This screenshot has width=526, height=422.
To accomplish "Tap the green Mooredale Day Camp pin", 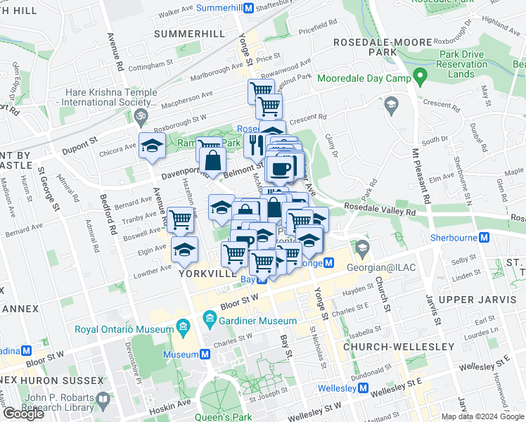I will [x=420, y=75].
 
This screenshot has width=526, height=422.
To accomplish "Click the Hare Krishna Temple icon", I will [x=139, y=115].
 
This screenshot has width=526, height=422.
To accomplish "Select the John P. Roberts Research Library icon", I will [x=103, y=402].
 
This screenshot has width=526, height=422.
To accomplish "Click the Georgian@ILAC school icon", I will [x=362, y=248].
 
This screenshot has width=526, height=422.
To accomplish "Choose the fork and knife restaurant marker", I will [x=254, y=145].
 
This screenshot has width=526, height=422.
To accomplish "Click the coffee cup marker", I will [x=281, y=169].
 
